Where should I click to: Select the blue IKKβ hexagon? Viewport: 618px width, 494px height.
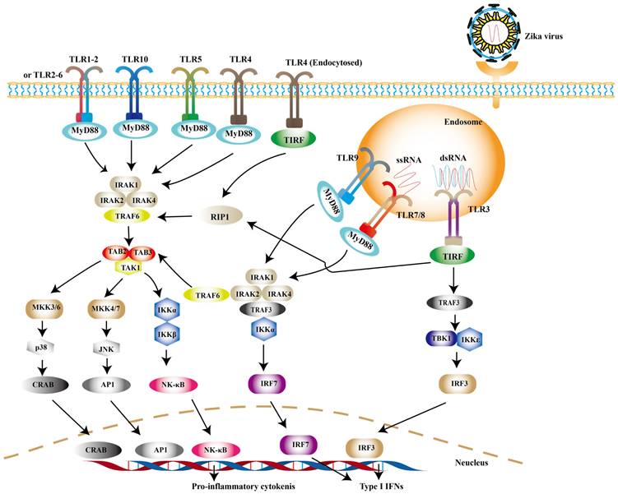(x=165, y=335)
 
